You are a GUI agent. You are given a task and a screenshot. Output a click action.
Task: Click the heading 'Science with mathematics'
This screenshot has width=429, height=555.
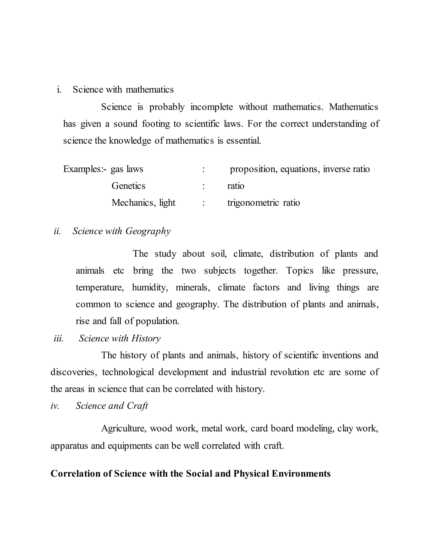[x=123, y=89]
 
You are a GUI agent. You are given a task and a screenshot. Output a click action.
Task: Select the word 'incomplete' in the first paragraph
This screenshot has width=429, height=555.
[x=211, y=107]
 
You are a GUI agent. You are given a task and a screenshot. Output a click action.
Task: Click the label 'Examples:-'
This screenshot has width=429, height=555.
[x=85, y=169]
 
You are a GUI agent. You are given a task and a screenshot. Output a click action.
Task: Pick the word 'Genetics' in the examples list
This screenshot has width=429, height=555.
[x=128, y=186]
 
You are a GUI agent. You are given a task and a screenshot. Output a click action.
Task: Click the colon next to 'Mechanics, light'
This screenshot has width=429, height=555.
[x=203, y=203]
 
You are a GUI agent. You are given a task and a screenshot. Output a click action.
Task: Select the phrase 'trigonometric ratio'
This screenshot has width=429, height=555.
[x=263, y=203]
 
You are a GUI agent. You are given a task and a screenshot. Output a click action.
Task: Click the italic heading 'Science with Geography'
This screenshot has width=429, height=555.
[x=121, y=231]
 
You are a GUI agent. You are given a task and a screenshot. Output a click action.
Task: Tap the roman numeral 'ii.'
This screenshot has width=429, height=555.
[x=57, y=231]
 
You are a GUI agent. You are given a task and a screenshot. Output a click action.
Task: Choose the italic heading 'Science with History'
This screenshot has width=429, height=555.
[x=119, y=338]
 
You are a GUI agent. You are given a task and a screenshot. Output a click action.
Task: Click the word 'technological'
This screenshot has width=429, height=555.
[x=128, y=372]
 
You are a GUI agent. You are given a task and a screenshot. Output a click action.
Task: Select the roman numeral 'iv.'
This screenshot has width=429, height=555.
[x=55, y=406]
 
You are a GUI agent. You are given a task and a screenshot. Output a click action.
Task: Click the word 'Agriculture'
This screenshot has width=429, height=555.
[x=124, y=429]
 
